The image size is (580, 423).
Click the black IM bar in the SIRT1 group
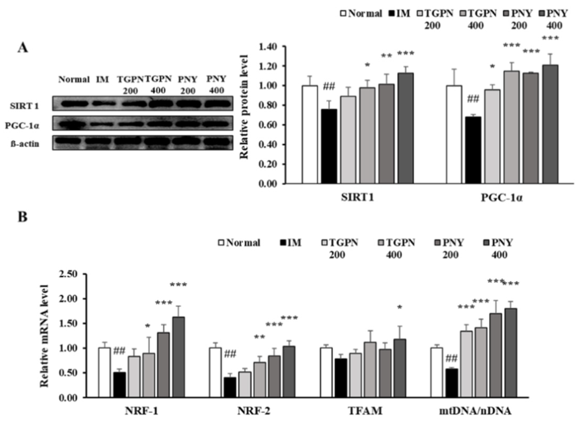coord(329,147)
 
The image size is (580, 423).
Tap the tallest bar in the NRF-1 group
coord(178,357)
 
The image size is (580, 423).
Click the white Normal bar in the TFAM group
coord(326,372)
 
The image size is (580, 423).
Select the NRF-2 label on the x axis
coord(254,411)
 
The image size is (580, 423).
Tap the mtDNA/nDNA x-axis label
coord(475,411)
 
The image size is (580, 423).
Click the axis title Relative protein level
coord(244,107)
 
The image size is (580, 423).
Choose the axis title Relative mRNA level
coord(44,335)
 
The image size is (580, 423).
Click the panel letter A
coord(23,48)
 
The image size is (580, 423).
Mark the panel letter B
coord(23,217)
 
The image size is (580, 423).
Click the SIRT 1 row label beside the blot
coord(24,106)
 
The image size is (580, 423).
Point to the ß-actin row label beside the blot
coord(25,144)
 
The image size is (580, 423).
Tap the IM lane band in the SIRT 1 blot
coord(102,103)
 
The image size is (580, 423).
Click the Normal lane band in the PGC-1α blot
coord(73,123)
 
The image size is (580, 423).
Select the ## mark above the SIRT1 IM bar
coord(329,87)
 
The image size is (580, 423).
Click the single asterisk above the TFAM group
coord(400,308)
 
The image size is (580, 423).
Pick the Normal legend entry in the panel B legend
coord(239,243)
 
